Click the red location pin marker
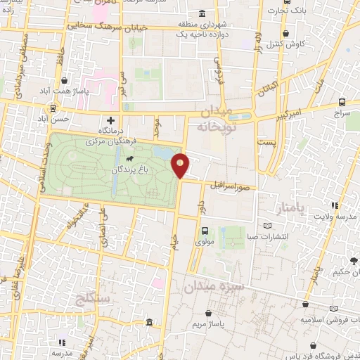click(x=181, y=165)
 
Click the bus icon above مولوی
click(x=205, y=230)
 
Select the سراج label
click(x=342, y=112)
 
